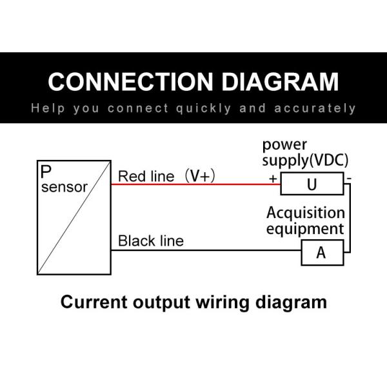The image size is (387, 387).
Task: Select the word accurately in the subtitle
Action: tap(315, 108)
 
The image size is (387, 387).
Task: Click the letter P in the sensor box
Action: tap(46, 172)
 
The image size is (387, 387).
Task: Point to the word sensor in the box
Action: tap(64, 187)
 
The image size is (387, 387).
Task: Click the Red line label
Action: tap(146, 177)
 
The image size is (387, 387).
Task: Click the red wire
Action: tap(193, 184)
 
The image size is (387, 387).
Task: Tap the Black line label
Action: tap(150, 241)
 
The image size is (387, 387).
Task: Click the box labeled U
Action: tap(312, 185)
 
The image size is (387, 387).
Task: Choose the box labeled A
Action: tap(322, 253)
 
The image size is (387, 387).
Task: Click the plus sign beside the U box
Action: tap(273, 177)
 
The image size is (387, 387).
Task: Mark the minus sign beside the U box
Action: tap(348, 176)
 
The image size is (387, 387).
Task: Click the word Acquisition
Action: tap(305, 213)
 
